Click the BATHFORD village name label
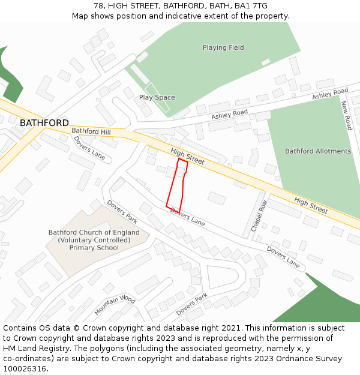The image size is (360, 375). [44, 123]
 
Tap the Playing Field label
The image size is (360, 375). [223, 47]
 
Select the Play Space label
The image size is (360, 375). [157, 97]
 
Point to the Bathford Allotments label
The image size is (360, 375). [317, 151]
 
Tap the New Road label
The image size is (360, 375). [346, 115]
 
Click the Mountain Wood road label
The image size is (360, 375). [115, 305]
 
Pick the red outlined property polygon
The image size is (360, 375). [176, 186]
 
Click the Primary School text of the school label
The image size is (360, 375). [94, 247]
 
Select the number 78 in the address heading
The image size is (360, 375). [98, 6]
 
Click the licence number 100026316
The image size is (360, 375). [25, 369]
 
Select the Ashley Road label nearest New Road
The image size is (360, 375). [330, 95]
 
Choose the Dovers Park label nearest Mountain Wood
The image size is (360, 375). [191, 305]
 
